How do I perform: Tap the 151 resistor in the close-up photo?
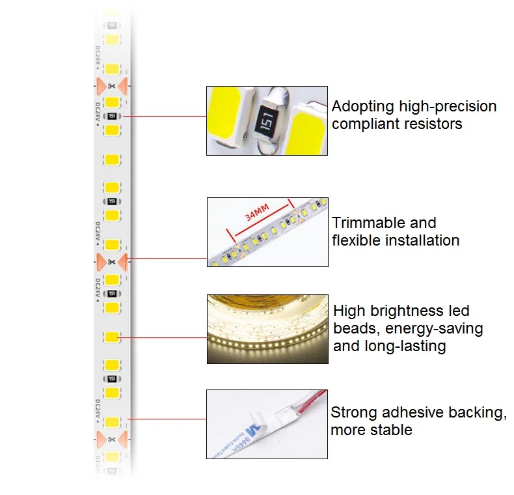(x=267, y=122)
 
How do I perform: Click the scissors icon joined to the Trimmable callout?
(x=111, y=261)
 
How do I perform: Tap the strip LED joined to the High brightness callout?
(x=111, y=337)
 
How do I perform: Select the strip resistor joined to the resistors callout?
(x=111, y=116)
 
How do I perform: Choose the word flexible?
(x=357, y=240)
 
